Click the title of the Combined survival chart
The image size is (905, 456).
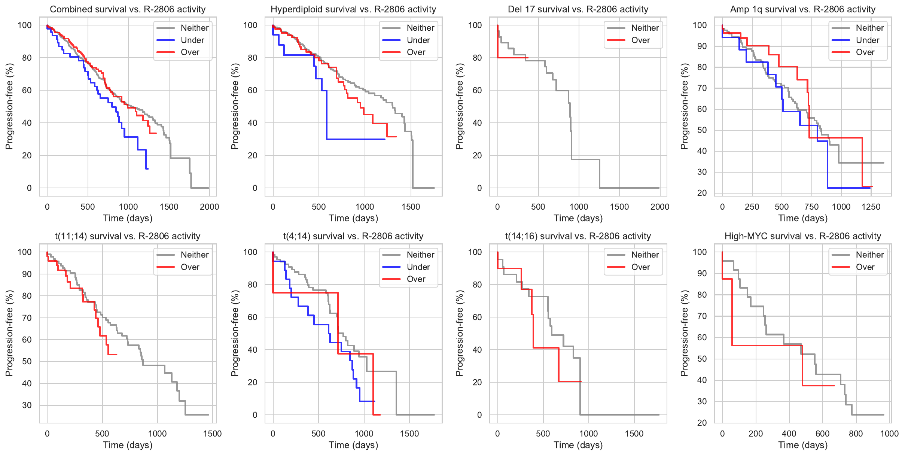pos(128,9)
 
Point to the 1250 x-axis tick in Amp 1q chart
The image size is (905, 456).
pos(871,207)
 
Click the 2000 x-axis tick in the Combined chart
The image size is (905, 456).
pos(209,207)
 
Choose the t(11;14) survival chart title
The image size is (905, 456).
pos(128,236)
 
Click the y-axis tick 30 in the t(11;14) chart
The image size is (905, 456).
pos(27,405)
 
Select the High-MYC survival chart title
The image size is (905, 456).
pos(803,236)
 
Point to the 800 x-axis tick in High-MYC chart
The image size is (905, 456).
pos(856,434)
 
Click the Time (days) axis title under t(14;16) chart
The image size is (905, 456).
pos(578,445)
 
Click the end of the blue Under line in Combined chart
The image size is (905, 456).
pos(148,169)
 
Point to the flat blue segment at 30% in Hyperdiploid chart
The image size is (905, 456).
pos(356,139)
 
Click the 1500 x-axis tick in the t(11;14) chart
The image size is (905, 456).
pos(212,434)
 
